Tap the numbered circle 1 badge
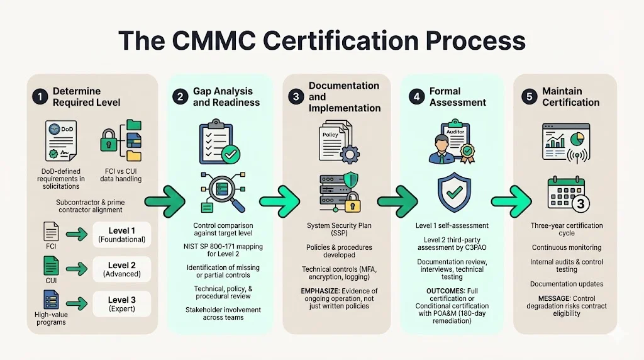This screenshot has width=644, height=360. (40, 97)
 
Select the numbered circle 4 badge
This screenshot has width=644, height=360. (416, 96)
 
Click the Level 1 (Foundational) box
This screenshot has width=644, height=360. (121, 233)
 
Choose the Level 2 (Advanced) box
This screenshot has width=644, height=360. (121, 269)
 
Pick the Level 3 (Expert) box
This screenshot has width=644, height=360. (121, 304)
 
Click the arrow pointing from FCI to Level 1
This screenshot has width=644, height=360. (75, 235)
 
